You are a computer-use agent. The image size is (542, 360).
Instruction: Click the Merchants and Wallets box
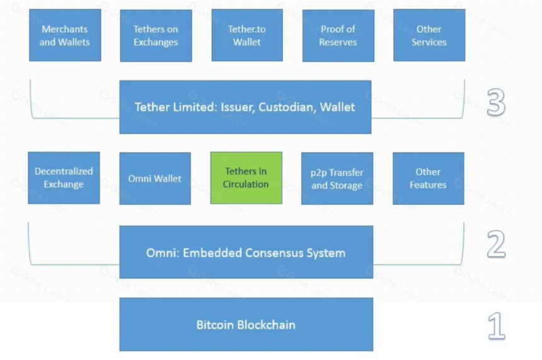tap(65, 35)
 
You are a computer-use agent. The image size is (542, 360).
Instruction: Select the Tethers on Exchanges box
tap(156, 35)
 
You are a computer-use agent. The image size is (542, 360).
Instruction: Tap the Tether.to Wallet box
tap(247, 35)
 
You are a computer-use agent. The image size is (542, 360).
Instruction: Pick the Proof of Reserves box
tap(338, 35)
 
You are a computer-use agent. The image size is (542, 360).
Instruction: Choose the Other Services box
tap(429, 35)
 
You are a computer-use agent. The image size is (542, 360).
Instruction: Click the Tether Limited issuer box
tap(245, 107)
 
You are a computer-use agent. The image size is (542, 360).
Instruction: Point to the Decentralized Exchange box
tap(64, 178)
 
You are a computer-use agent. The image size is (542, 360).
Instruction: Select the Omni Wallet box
tap(155, 178)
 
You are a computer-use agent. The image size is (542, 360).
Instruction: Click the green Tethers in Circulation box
tap(246, 178)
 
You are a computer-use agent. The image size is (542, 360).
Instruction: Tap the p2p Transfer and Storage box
tap(337, 178)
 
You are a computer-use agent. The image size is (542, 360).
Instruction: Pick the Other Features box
tap(429, 178)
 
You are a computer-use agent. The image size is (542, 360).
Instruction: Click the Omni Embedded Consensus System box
tap(246, 252)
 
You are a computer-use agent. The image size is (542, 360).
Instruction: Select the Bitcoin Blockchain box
tap(246, 325)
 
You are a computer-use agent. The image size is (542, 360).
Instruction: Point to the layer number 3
tap(496, 102)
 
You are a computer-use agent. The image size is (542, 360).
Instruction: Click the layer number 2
tap(497, 245)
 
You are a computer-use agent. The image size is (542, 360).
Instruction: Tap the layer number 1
tap(497, 326)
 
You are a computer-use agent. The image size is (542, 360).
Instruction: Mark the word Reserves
tap(338, 42)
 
